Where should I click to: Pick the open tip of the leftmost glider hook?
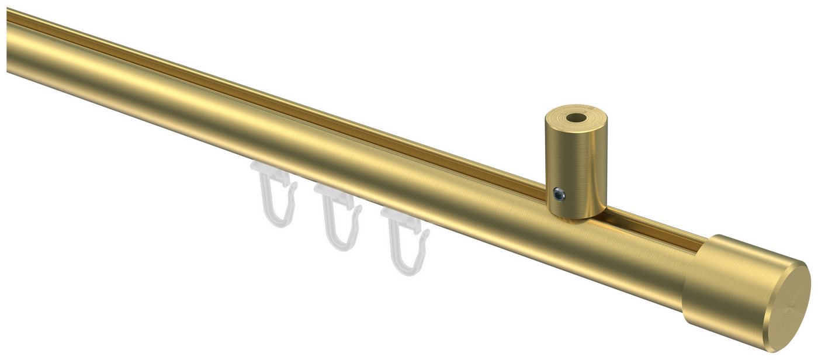pos(294,187)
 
